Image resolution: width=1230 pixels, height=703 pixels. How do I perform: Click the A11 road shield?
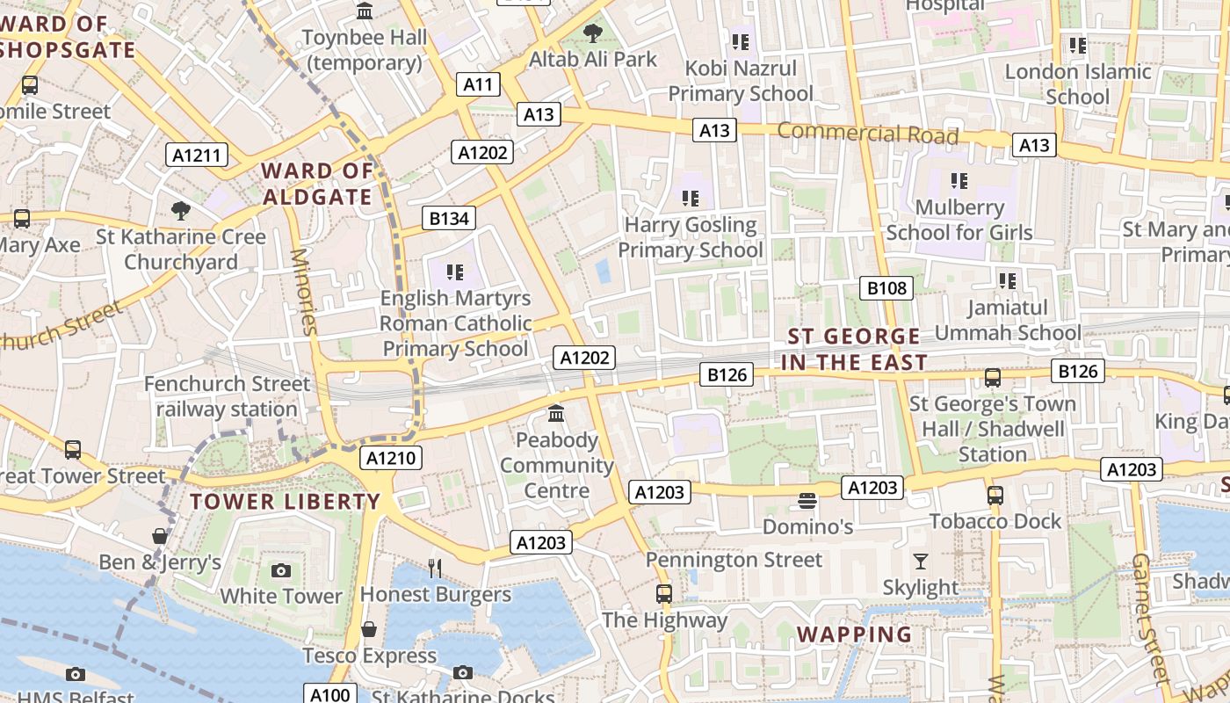click(x=478, y=84)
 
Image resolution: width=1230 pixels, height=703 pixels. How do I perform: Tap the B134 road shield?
click(x=448, y=218)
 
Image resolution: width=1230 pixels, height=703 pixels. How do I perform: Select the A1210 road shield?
click(x=392, y=458)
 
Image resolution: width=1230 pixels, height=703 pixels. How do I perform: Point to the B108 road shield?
click(x=886, y=287)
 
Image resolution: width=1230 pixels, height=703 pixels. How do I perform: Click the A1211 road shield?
click(x=197, y=156)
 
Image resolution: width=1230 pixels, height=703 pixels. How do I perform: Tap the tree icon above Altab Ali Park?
click(x=593, y=34)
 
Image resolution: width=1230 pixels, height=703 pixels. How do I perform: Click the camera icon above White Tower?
click(x=281, y=570)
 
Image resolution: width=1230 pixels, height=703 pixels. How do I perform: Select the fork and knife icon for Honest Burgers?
click(x=434, y=568)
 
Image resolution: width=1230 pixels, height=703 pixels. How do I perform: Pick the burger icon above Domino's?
click(x=807, y=501)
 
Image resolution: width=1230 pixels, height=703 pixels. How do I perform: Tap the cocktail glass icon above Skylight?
click(x=920, y=561)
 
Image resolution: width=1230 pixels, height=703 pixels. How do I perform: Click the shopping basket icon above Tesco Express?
click(x=369, y=629)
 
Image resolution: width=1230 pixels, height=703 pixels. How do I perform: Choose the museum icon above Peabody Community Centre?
click(x=556, y=413)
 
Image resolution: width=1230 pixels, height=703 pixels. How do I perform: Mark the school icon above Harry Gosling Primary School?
click(x=690, y=199)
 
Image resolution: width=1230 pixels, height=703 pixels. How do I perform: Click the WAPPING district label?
click(x=854, y=634)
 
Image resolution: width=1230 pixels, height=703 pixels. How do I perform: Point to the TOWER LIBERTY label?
click(x=286, y=502)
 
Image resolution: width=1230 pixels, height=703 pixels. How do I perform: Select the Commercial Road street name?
click(x=867, y=134)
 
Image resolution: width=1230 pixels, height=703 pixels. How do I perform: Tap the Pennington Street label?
click(x=734, y=560)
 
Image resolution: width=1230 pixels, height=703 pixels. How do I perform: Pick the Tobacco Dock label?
click(x=995, y=521)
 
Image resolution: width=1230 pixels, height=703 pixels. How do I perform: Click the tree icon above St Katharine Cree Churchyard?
click(x=181, y=210)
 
